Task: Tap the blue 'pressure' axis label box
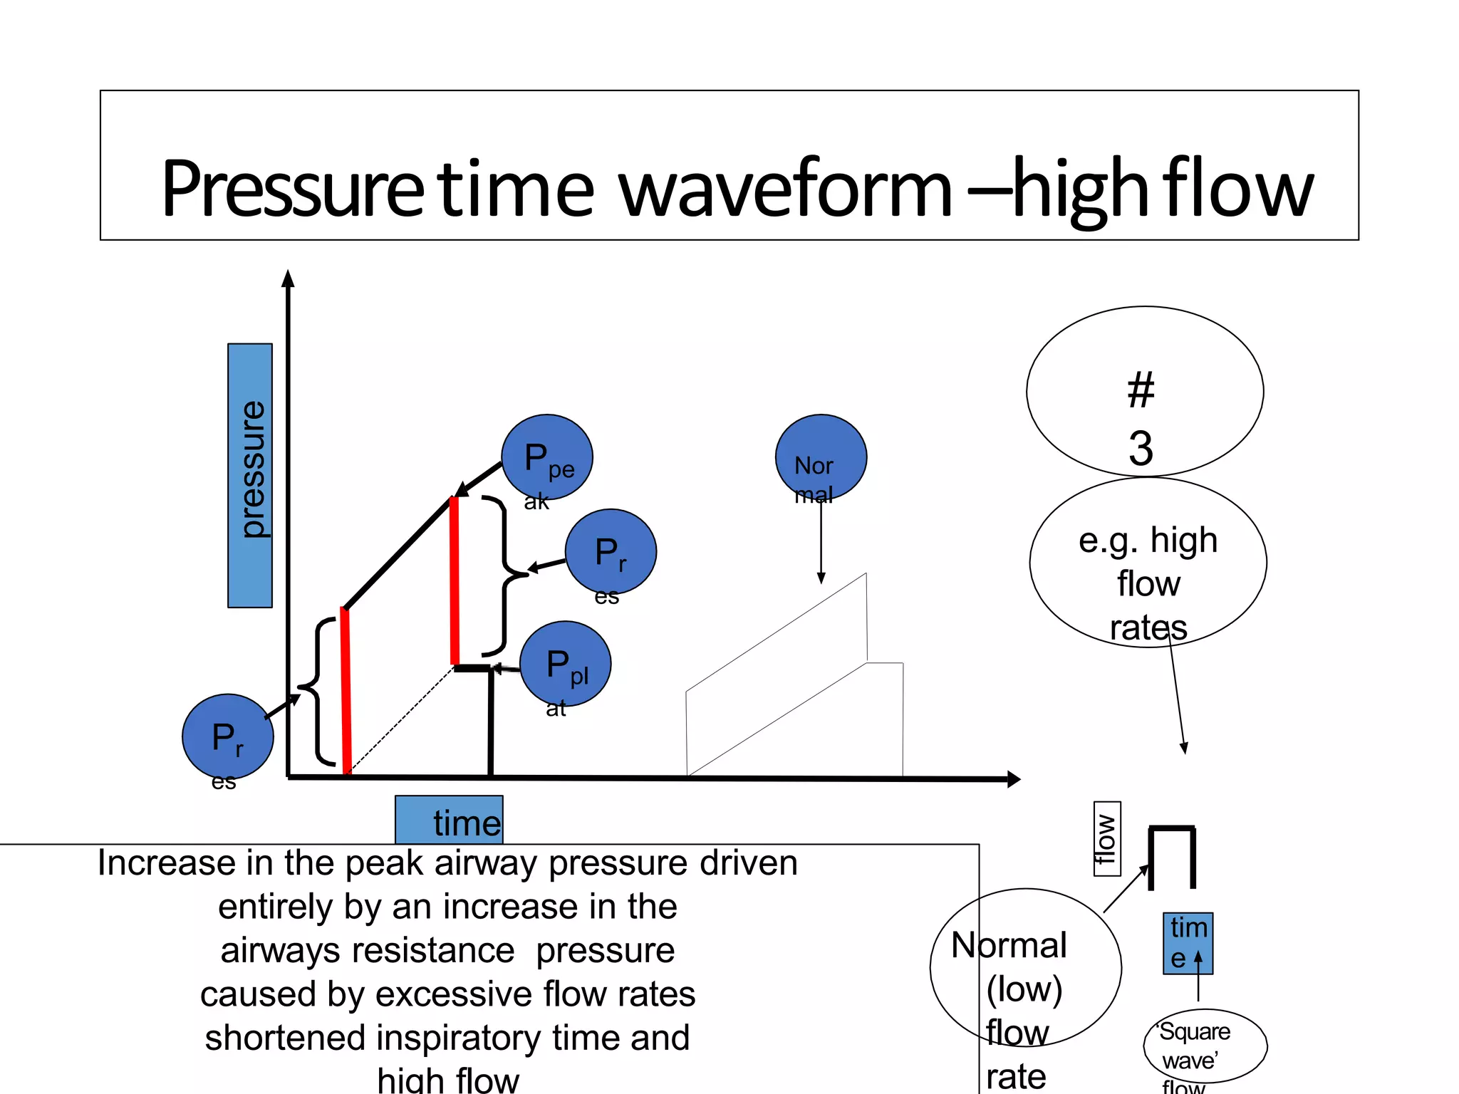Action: tap(250, 475)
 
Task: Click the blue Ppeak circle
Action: tap(547, 457)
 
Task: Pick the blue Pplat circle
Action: tap(566, 664)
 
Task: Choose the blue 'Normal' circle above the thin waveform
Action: tap(821, 457)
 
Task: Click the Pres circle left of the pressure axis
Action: tap(228, 736)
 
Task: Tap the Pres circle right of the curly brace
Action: tap(611, 552)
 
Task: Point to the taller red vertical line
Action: tap(455, 580)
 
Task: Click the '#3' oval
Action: tap(1145, 392)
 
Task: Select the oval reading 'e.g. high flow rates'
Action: tap(1148, 563)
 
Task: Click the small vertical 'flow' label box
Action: tap(1107, 838)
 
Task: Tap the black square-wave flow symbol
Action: tap(1172, 855)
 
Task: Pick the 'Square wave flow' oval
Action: tap(1205, 1046)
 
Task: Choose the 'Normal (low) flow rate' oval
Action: tap(1025, 967)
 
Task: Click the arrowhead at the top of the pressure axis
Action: tap(288, 278)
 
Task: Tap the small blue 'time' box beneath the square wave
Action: tap(1188, 943)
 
